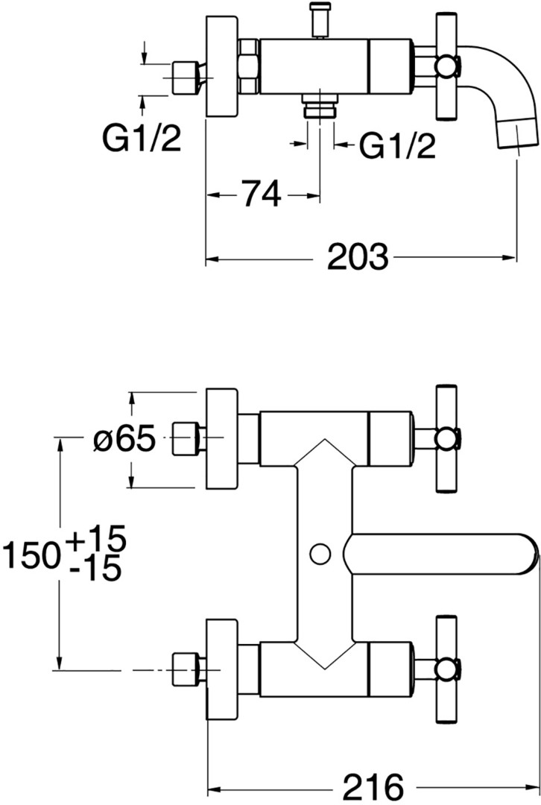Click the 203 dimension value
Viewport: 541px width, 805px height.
click(x=358, y=256)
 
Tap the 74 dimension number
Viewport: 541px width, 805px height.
click(x=262, y=194)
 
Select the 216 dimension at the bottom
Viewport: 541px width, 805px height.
click(x=373, y=786)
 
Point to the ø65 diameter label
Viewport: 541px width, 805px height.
click(x=124, y=440)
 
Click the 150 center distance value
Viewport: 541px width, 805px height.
click(x=31, y=555)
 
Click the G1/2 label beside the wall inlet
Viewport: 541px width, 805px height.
click(x=142, y=138)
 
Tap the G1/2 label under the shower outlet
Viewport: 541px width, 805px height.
click(x=396, y=146)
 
